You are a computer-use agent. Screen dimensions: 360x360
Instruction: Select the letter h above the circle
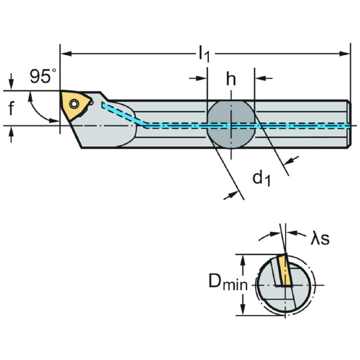pyautogui.click(x=231, y=79)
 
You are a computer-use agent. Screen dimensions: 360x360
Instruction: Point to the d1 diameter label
pyautogui.click(x=260, y=178)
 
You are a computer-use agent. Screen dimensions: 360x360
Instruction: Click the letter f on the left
pyautogui.click(x=11, y=109)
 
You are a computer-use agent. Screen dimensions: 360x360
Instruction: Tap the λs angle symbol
pyautogui.click(x=320, y=238)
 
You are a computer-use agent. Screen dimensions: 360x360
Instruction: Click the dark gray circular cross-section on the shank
pyautogui.click(x=231, y=124)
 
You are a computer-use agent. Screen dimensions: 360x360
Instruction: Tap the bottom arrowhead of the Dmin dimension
pyautogui.click(x=243, y=311)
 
